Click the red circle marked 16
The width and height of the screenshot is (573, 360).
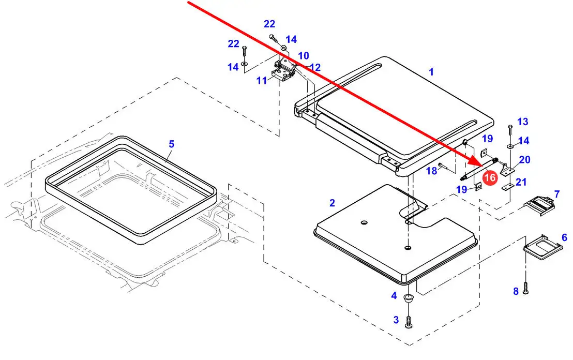pos(490,177)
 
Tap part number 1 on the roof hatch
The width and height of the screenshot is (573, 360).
pos(431,72)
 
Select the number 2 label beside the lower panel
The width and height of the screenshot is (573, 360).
pos(332,203)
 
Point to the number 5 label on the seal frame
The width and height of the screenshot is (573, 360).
pos(171,144)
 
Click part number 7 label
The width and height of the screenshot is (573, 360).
pos(556,194)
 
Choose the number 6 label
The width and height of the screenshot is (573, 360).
pos(564,237)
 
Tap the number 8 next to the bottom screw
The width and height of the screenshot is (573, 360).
pos(516,291)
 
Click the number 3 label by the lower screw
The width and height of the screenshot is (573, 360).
pos(396,320)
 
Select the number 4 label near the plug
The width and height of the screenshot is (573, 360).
pos(394,295)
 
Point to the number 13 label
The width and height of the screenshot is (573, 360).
pos(522,122)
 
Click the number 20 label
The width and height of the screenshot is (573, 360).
pos(525,160)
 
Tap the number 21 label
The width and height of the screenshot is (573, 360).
pos(521,182)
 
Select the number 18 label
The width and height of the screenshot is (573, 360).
pos(432,171)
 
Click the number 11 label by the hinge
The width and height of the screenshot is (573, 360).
pos(262,80)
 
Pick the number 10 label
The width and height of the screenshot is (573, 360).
pos(304,56)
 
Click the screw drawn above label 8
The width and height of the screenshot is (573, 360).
pos(525,288)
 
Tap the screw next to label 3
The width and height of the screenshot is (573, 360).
pos(409,322)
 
